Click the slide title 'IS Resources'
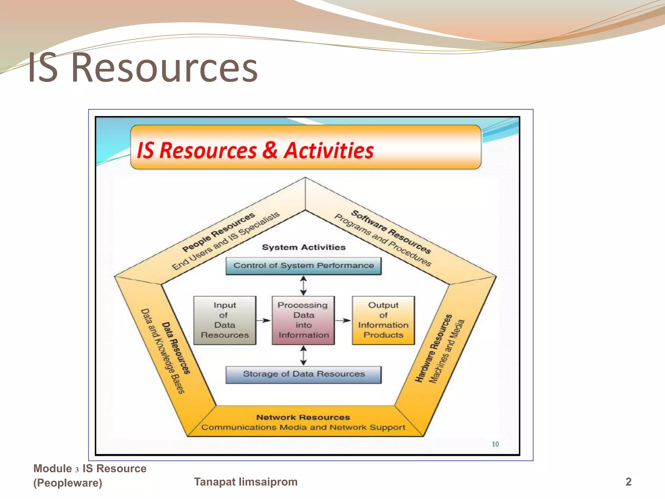click(143, 68)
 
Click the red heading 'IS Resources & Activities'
click(255, 150)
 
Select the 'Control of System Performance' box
click(304, 266)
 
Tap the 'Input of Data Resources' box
click(225, 320)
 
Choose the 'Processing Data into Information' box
click(303, 320)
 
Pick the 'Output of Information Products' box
click(383, 320)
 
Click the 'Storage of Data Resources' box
click(304, 374)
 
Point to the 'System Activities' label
click(304, 248)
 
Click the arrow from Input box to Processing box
click(263, 320)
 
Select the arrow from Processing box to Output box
click(343, 320)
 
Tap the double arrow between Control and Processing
click(303, 285)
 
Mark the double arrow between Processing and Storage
click(303, 355)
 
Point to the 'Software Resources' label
click(391, 231)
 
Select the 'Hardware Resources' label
click(433, 348)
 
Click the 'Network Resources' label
click(303, 417)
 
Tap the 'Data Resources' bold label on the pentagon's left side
click(176, 348)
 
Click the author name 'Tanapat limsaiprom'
click(246, 482)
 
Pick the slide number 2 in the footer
click(629, 482)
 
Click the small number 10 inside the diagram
click(495, 444)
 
